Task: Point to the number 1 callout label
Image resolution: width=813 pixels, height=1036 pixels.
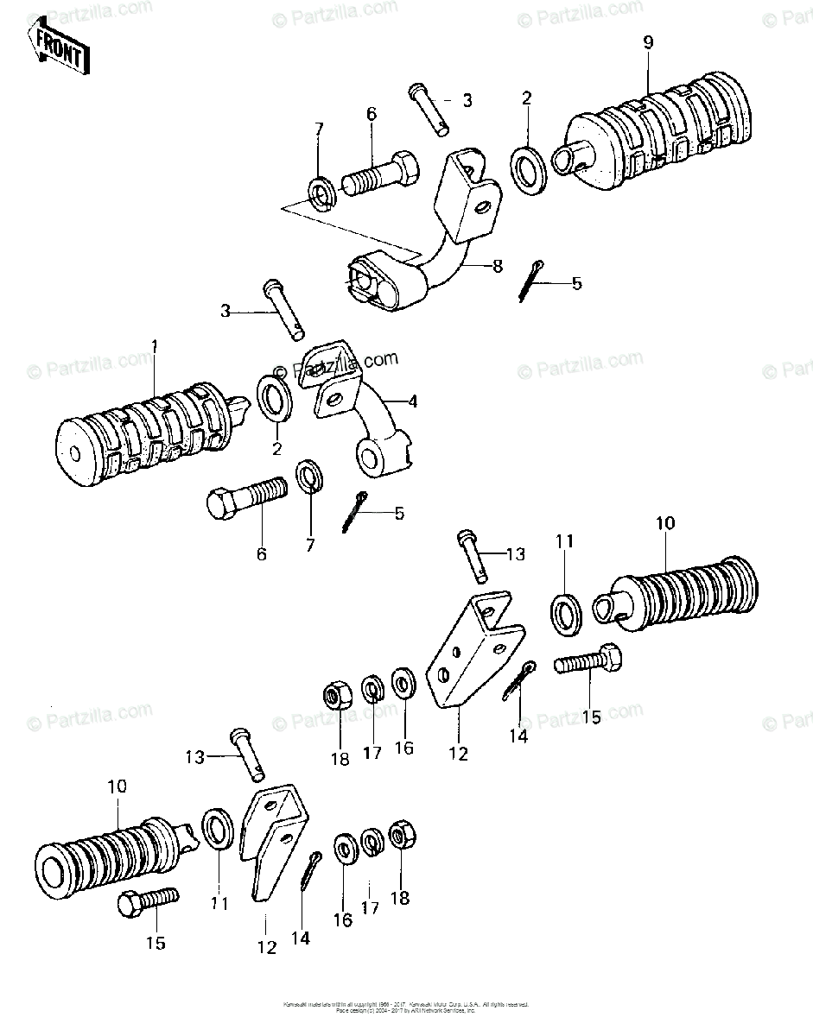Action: point(155,346)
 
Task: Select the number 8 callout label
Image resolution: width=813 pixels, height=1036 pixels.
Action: point(497,268)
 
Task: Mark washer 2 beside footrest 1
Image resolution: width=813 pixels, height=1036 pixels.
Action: point(276,398)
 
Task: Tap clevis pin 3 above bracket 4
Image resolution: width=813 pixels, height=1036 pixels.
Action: point(286,309)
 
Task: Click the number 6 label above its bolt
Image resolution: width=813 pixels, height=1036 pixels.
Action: point(372,112)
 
